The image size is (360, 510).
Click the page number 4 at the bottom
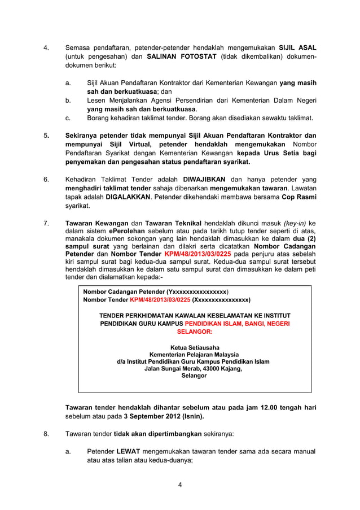pyautogui.click(x=179, y=485)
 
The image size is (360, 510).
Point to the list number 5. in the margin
pyautogui.click(x=46, y=136)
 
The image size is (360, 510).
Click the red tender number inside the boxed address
pyautogui.click(x=160, y=300)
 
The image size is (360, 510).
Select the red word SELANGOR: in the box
pyautogui.click(x=195, y=333)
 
